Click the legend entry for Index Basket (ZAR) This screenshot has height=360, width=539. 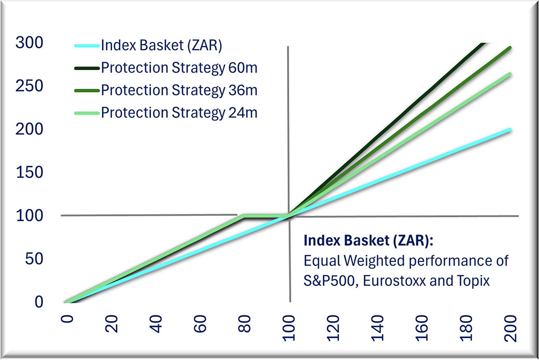(x=162, y=46)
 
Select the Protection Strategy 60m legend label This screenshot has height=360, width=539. (x=179, y=67)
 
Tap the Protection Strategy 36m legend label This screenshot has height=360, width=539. (x=179, y=89)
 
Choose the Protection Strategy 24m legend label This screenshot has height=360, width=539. (x=179, y=112)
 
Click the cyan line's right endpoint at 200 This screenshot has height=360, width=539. (x=510, y=129)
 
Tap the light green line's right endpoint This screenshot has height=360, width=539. (x=510, y=74)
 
